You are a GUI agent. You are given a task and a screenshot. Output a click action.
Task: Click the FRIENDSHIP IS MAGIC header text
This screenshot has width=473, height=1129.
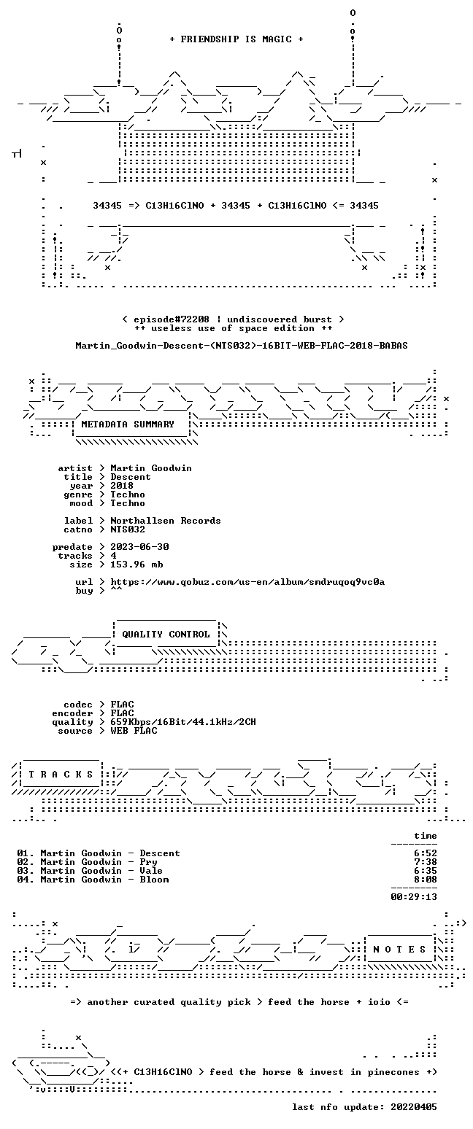pos(236,39)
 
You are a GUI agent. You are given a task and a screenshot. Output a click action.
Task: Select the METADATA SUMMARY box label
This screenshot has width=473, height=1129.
pos(128,424)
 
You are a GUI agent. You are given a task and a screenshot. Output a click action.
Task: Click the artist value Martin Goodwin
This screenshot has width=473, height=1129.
pos(151,468)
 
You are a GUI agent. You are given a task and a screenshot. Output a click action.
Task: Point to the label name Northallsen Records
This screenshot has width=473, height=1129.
pos(166,521)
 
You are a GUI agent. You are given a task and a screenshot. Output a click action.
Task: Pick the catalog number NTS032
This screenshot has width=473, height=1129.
pos(128,529)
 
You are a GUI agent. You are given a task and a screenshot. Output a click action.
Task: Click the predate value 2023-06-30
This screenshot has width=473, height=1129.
pos(139,547)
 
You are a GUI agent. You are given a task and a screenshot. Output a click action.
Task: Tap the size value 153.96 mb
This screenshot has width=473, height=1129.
pos(136,564)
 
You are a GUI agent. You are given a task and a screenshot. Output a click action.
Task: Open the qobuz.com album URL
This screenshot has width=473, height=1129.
pos(247,582)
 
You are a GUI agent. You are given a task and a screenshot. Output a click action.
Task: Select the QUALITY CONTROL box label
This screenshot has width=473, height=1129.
pos(166,635)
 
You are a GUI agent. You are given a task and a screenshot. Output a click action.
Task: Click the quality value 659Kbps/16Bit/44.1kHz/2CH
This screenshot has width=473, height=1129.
pos(183,722)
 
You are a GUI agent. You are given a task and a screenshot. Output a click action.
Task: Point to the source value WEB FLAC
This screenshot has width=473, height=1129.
pos(134,731)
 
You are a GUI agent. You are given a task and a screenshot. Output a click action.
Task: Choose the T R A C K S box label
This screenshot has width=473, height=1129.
pos(61,775)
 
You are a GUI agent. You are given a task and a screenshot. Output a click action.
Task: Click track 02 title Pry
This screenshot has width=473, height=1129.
pos(149,862)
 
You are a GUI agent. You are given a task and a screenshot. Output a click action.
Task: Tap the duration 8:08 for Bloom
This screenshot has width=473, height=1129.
pos(426,880)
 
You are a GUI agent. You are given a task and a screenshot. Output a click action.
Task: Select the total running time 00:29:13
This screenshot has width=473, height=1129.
pos(414,896)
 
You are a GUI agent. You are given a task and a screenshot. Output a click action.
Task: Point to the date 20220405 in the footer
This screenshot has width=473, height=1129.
pos(414,1107)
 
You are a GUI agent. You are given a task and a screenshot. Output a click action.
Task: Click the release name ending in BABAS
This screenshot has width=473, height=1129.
pos(242,346)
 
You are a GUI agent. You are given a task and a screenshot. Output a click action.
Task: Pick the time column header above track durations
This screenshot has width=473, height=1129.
pos(426,836)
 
